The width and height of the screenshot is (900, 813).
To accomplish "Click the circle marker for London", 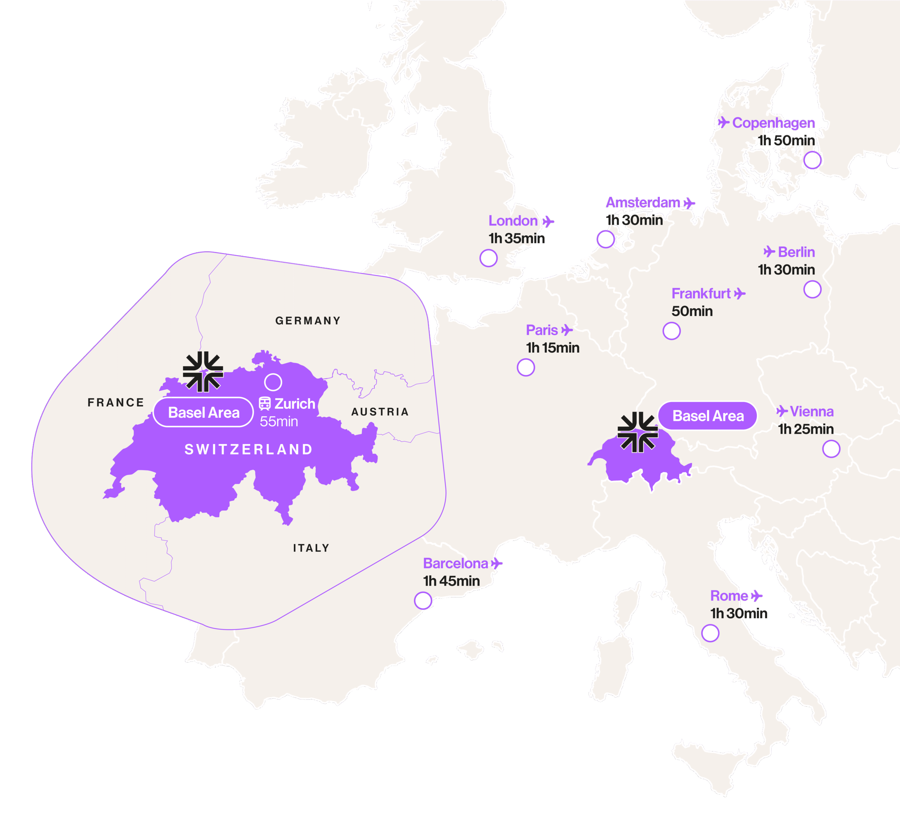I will pyautogui.click(x=488, y=258).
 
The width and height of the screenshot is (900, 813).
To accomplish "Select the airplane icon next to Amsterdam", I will pyautogui.click(x=689, y=203).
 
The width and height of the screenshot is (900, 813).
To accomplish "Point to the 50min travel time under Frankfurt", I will pyautogui.click(x=692, y=311).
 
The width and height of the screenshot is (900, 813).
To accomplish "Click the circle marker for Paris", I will pyautogui.click(x=526, y=367).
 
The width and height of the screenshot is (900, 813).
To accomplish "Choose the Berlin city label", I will pyautogui.click(x=796, y=252).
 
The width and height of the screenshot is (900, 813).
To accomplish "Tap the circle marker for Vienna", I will pyautogui.click(x=831, y=449).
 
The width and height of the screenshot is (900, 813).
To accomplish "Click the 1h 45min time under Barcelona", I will pyautogui.click(x=451, y=581).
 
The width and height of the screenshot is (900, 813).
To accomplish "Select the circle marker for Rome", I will pyautogui.click(x=710, y=633).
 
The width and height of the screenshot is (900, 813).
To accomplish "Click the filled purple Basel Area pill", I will pyautogui.click(x=708, y=416).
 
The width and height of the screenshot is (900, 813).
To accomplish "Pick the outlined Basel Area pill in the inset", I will pyautogui.click(x=204, y=412).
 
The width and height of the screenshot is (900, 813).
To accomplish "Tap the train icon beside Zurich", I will pyautogui.click(x=265, y=404).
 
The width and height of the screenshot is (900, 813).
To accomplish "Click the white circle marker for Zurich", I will pyautogui.click(x=273, y=382).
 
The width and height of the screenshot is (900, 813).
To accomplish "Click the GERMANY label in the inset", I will pyautogui.click(x=308, y=321).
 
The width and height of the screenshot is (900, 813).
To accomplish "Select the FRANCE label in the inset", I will pyautogui.click(x=116, y=403).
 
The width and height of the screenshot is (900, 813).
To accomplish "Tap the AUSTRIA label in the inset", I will pyautogui.click(x=380, y=412).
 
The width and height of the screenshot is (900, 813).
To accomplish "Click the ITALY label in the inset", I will pyautogui.click(x=311, y=548).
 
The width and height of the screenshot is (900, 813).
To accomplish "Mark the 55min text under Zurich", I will pyautogui.click(x=278, y=422).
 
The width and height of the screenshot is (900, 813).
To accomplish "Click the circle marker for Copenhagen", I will pyautogui.click(x=812, y=160).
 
